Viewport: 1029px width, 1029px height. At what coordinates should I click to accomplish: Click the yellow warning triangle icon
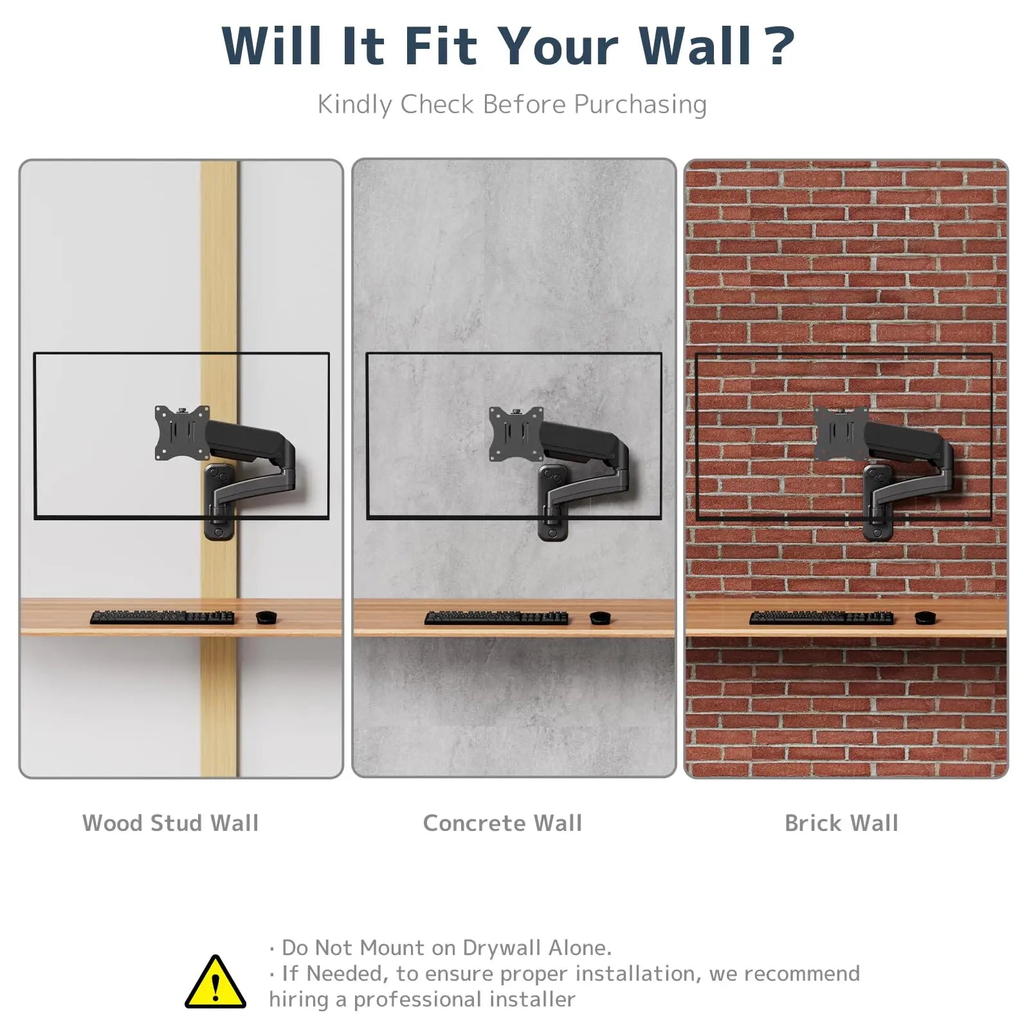coord(215,983)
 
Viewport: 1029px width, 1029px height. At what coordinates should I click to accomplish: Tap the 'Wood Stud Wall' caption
coord(170,823)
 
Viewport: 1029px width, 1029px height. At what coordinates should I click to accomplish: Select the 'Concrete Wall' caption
coord(502,823)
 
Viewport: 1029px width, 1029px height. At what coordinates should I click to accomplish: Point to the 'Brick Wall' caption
coord(841,823)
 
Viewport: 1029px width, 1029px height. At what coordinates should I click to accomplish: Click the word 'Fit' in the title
coord(441,46)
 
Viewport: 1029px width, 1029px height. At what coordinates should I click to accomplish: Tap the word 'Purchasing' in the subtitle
coord(640,105)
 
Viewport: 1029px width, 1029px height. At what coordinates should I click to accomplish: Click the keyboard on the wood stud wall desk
coord(162,617)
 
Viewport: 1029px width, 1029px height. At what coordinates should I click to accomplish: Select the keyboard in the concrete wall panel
coord(496,617)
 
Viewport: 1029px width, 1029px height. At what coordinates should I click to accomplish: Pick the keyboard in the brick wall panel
coord(821,617)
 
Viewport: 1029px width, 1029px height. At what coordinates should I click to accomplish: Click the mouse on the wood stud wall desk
coord(266,617)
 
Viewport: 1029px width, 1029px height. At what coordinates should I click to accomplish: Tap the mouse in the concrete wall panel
coord(600,617)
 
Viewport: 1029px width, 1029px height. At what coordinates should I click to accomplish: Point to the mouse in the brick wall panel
coord(925,617)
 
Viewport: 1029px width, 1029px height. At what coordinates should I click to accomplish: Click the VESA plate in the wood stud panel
coord(183,433)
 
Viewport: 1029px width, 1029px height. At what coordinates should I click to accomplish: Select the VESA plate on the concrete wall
coord(516,434)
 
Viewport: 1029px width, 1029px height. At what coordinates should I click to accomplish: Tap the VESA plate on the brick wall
coord(841,434)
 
